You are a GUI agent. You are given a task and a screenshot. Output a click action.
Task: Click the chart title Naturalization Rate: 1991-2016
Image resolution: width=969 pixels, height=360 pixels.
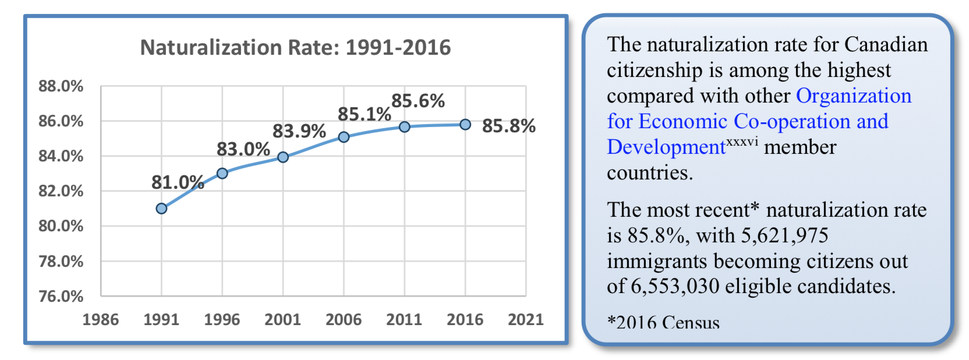pos(295,47)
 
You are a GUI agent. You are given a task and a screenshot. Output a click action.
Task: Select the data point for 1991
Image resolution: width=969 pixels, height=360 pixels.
pos(161,209)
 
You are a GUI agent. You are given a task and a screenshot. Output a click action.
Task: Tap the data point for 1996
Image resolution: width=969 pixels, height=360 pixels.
pos(222,174)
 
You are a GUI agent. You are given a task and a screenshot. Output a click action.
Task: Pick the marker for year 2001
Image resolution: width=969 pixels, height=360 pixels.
pos(283,157)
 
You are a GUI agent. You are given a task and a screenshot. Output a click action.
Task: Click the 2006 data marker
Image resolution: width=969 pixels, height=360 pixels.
pos(344,137)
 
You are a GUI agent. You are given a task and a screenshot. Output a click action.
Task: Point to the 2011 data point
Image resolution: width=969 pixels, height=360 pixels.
pos(405,126)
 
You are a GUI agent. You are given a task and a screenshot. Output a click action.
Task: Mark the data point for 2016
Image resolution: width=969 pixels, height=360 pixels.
pos(465,125)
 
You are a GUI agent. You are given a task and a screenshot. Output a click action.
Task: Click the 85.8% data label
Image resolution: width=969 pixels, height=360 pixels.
pos(508,126)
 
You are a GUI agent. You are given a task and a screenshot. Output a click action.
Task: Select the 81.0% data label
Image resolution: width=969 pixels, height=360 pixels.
pos(178,182)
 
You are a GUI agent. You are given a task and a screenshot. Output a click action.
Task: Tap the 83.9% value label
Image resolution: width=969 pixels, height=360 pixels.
pos(299,131)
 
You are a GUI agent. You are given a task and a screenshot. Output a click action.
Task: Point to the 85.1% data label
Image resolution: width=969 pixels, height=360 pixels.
pos(364,114)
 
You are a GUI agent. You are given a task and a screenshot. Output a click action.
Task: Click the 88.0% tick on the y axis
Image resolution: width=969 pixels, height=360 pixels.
pos(61,86)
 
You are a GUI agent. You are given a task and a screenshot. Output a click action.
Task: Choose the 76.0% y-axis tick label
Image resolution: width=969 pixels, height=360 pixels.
pos(61,296)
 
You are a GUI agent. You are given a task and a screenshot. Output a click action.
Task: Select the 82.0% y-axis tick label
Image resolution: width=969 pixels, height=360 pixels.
pos(61,191)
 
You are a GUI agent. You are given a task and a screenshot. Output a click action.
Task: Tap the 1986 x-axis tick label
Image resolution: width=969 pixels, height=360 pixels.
pos(101,319)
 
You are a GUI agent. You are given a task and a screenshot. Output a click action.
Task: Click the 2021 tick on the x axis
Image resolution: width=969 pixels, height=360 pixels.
pos(525,319)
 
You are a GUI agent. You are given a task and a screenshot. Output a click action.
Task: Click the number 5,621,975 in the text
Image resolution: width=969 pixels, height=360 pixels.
pos(784,235)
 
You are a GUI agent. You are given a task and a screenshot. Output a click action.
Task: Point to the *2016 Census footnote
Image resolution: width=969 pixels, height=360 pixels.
pos(663,322)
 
